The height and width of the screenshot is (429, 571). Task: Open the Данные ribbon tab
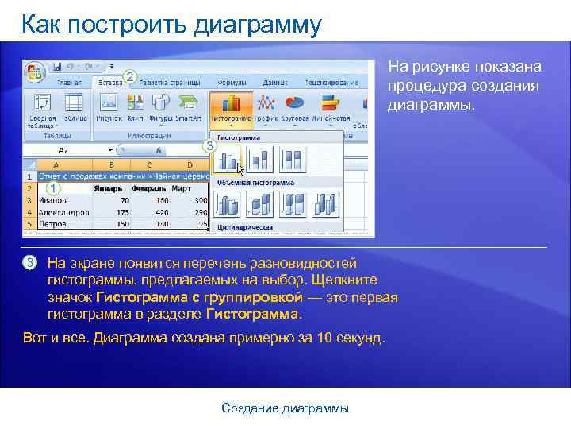coord(275,82)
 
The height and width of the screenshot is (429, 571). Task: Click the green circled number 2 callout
coord(130,77)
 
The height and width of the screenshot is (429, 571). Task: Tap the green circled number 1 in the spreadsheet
coord(53,188)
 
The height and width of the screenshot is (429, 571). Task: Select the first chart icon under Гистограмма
coord(228,161)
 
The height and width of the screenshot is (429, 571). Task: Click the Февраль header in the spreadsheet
coord(150,189)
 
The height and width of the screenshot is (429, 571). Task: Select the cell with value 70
coord(124,201)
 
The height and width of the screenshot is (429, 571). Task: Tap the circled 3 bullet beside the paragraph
coord(30,263)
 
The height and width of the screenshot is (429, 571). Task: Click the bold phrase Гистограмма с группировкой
coord(198,297)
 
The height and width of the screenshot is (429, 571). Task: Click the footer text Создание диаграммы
coord(285,408)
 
